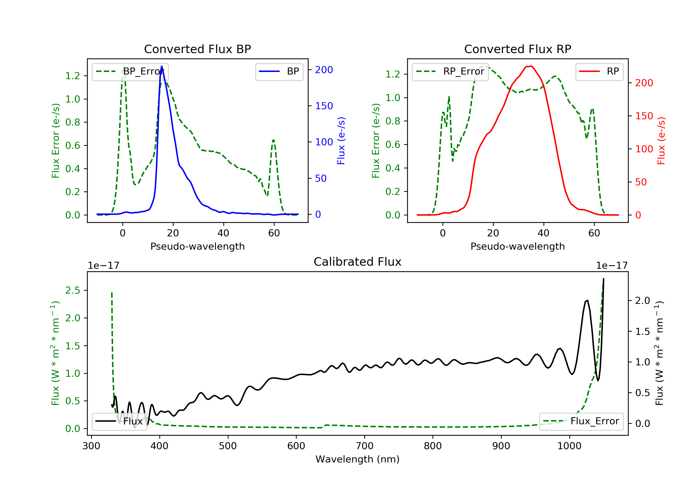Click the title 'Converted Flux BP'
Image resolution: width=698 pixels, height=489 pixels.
click(197, 49)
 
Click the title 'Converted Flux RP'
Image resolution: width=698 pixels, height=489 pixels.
click(517, 49)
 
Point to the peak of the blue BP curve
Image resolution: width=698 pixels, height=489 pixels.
click(161, 66)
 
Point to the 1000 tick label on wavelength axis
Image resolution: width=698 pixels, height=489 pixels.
click(569, 446)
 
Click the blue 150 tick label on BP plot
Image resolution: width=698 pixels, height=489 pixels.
click(324, 106)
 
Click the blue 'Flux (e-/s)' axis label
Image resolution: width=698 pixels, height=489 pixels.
click(341, 141)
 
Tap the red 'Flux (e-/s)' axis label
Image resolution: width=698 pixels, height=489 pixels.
click(661, 141)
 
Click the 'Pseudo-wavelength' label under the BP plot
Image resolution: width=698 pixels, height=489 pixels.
click(197, 246)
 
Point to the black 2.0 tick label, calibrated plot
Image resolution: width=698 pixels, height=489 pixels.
click(642, 301)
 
